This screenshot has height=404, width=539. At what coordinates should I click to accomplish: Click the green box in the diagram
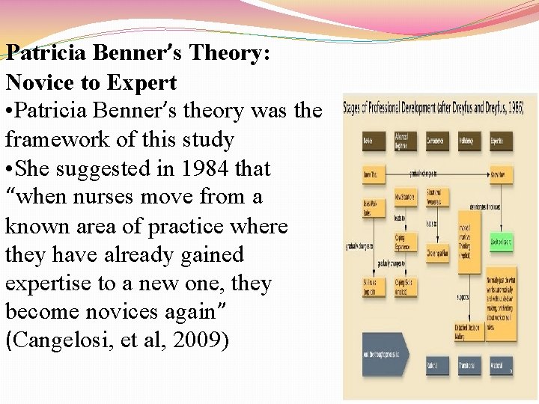(x=501, y=242)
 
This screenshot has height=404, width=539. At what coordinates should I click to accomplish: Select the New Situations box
(x=405, y=198)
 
